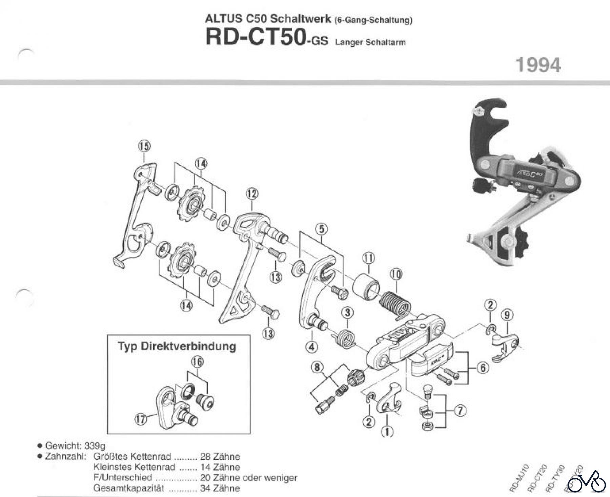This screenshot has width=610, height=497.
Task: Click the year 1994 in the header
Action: [x=538, y=65]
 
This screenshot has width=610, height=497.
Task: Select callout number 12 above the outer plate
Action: [x=252, y=194]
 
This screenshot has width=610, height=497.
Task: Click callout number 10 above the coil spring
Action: [x=396, y=274]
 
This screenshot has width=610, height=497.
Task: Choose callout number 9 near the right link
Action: [x=507, y=315]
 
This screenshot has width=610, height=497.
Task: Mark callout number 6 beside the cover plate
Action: [x=483, y=367]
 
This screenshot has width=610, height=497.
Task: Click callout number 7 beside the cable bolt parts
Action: [x=460, y=411]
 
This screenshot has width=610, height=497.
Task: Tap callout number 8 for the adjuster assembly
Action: [x=317, y=367]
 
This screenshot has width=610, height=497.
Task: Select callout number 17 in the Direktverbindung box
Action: [x=142, y=419]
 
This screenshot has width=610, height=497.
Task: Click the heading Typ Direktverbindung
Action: [x=177, y=346]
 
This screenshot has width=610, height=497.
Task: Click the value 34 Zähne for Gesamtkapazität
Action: [x=220, y=488]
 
